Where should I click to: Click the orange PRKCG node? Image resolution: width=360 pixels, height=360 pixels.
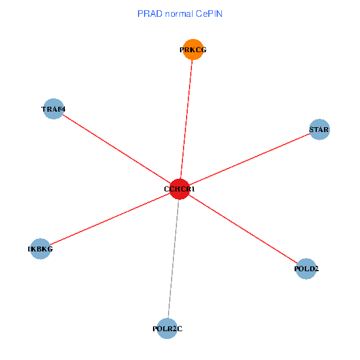click(193, 50)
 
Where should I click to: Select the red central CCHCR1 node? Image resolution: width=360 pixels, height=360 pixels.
click(179, 189)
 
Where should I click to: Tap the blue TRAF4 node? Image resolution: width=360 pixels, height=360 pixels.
click(54, 109)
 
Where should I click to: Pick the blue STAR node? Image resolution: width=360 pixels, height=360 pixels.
click(319, 130)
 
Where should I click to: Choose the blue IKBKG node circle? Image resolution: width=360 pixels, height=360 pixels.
click(40, 248)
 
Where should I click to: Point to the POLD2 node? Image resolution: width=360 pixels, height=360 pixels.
click(306, 269)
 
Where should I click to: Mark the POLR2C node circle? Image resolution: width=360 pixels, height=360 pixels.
click(167, 329)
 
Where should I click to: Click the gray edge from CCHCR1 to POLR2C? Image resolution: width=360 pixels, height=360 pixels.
click(173, 258)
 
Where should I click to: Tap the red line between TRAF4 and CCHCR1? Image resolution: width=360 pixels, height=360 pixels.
click(117, 149)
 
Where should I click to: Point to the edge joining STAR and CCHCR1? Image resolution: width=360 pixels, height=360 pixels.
click(249, 160)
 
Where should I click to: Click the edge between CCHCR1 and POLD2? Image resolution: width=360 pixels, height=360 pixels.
click(243, 229)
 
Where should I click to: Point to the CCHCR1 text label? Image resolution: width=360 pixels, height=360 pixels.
click(179, 189)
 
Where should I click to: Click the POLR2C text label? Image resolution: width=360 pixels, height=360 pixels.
click(167, 329)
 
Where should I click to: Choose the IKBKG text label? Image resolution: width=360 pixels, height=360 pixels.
click(40, 248)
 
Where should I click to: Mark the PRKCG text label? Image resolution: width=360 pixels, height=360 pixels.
click(193, 50)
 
